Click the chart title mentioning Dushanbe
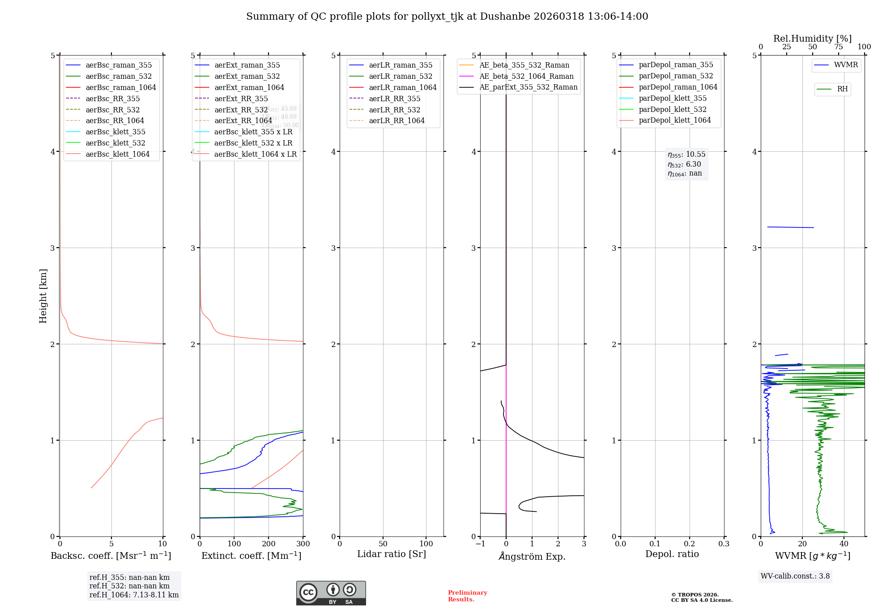tap(447, 17)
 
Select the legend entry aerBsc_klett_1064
tap(117, 154)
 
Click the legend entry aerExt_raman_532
tap(247, 76)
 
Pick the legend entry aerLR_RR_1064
tap(396, 120)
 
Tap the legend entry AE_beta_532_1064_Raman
tap(526, 76)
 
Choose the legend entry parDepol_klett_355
tap(673, 98)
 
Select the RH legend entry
tap(842, 89)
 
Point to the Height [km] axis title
tap(43, 296)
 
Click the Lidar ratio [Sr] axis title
tap(392, 554)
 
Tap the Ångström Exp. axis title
tap(532, 556)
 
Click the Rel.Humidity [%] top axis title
tap(812, 39)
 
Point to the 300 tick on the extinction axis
tap(303, 544)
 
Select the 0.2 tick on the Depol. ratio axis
tap(690, 544)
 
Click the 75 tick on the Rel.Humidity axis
tap(838, 47)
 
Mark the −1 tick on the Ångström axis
tap(480, 544)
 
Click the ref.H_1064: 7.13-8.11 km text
tap(134, 595)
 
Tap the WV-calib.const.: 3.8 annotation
tap(795, 576)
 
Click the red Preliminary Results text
tap(467, 596)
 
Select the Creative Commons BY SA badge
tap(331, 593)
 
